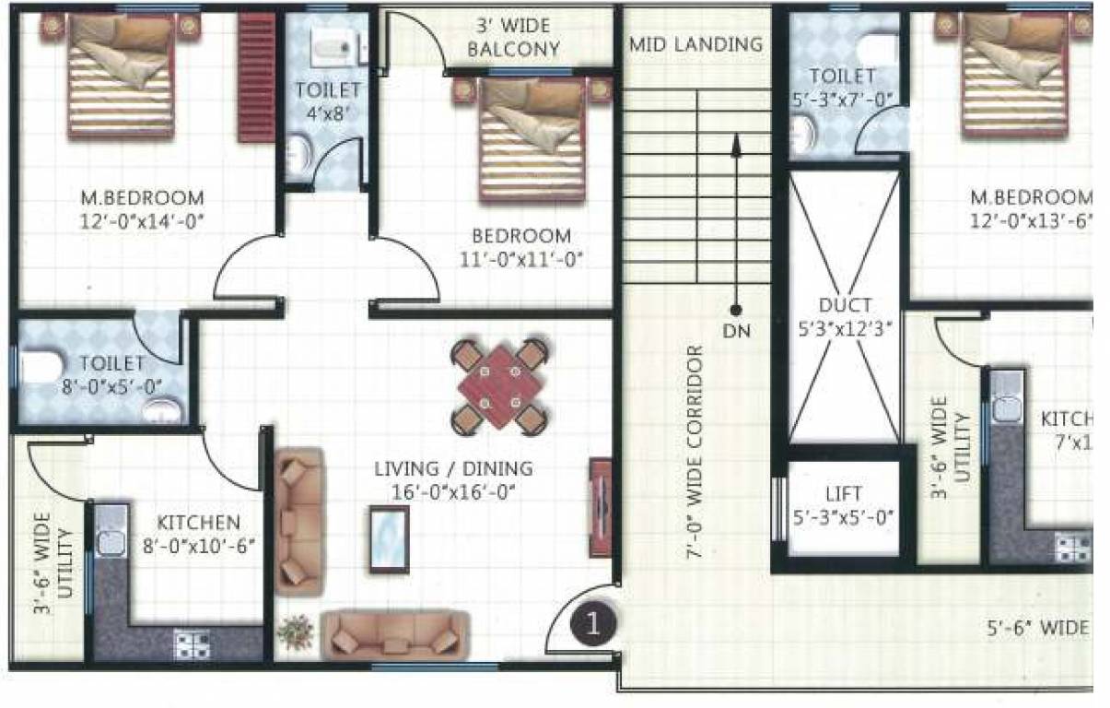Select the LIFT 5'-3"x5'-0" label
(844, 506)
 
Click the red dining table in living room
(500, 385)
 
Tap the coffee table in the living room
(391, 539)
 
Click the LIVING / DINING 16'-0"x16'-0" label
(453, 480)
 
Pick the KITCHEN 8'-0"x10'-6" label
(197, 533)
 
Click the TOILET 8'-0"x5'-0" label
(111, 373)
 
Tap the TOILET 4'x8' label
(327, 100)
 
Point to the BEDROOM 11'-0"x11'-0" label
(521, 247)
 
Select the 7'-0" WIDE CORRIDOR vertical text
(696, 452)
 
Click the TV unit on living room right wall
(600, 506)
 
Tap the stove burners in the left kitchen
(192, 643)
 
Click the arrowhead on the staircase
(736, 141)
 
